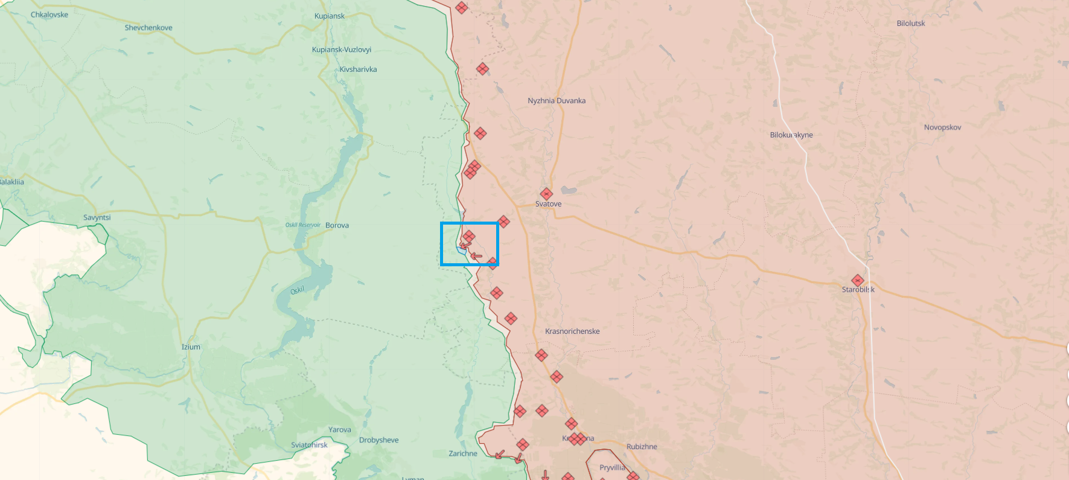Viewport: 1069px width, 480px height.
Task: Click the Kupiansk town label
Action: click(330, 16)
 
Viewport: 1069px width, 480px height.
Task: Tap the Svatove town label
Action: click(548, 204)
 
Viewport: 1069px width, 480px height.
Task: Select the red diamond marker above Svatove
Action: click(546, 194)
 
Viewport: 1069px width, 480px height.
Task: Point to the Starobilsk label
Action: click(858, 290)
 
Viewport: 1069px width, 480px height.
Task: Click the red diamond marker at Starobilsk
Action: click(858, 280)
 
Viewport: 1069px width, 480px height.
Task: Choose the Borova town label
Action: click(337, 225)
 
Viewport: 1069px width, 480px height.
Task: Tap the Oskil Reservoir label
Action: click(303, 225)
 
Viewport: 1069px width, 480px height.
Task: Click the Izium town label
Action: click(191, 347)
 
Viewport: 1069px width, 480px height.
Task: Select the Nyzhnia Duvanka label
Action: click(557, 101)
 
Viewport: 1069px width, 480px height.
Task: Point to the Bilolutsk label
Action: click(911, 24)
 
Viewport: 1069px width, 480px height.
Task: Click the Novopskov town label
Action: click(942, 127)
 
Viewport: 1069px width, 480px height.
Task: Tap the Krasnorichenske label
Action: click(572, 331)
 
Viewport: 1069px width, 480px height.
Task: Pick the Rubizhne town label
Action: click(642, 447)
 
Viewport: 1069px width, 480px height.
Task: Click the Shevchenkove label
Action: click(148, 28)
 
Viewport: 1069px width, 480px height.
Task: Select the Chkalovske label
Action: click(49, 14)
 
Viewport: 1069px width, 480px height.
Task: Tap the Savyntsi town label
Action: click(97, 217)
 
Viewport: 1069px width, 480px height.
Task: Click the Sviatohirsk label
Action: click(309, 445)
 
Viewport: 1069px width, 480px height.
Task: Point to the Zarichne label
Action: click(463, 453)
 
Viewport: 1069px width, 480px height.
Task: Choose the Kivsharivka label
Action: click(358, 69)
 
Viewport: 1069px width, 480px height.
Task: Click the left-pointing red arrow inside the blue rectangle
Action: click(476, 256)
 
